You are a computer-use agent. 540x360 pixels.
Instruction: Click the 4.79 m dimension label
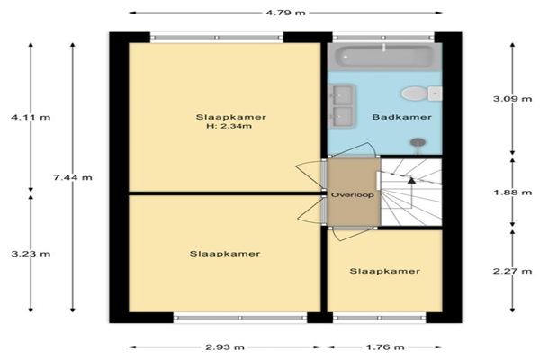pyautogui.click(x=285, y=13)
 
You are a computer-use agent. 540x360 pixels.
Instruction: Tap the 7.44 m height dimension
pyautogui.click(x=73, y=178)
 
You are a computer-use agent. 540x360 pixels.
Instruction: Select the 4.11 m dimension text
pyautogui.click(x=31, y=117)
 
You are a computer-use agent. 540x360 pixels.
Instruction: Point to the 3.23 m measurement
pyautogui.click(x=31, y=254)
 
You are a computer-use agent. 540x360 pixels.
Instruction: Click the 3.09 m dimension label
pyautogui.click(x=512, y=99)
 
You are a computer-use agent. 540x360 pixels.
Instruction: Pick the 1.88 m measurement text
pyautogui.click(x=512, y=193)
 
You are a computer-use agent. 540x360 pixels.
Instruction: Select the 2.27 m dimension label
pyautogui.click(x=512, y=271)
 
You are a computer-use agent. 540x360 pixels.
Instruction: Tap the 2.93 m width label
pyautogui.click(x=225, y=346)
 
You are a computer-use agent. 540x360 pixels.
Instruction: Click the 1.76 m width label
pyautogui.click(x=384, y=346)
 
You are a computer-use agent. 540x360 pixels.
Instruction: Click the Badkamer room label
pyautogui.click(x=402, y=117)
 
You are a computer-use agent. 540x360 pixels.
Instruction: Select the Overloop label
pyautogui.click(x=352, y=195)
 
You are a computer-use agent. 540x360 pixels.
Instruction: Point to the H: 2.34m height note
pyautogui.click(x=229, y=126)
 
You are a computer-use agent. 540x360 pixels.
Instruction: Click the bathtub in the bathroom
pyautogui.click(x=384, y=57)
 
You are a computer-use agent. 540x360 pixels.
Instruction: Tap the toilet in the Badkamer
pyautogui.click(x=421, y=94)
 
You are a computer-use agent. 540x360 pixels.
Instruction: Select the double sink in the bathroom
pyautogui.click(x=341, y=105)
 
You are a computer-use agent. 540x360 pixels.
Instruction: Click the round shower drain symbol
pyautogui.click(x=418, y=141)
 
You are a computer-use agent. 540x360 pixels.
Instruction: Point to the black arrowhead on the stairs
pyautogui.click(x=411, y=180)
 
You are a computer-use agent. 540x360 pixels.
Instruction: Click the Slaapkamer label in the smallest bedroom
pyautogui.click(x=384, y=271)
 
